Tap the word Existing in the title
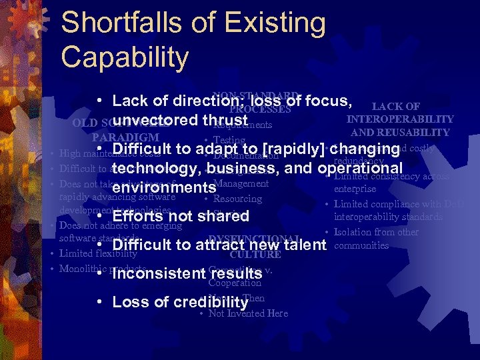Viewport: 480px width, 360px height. pyautogui.click(x=275, y=24)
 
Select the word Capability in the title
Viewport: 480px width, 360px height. pyautogui.click(x=125, y=57)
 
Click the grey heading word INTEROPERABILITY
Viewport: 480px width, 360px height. pyautogui.click(x=400, y=119)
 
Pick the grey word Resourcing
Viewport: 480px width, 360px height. pyautogui.click(x=237, y=199)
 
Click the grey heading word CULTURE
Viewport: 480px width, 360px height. pyautogui.click(x=255, y=254)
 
